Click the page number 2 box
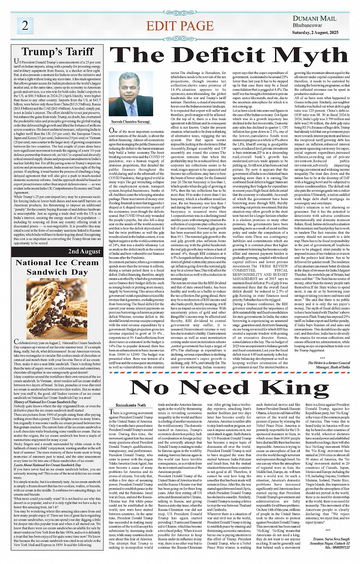[x=25, y=26]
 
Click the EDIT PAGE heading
[x=180, y=26]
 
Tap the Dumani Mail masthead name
[x=314, y=18]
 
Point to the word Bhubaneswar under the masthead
[x=307, y=26]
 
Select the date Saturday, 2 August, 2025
[x=315, y=32]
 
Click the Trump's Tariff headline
[x=58, y=52]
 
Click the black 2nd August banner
[x=57, y=252]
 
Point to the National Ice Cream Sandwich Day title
[x=57, y=267]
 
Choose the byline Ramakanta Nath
[x=131, y=405]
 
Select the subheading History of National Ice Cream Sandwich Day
[x=45, y=402]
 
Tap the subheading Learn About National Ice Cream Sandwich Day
[x=47, y=465]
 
